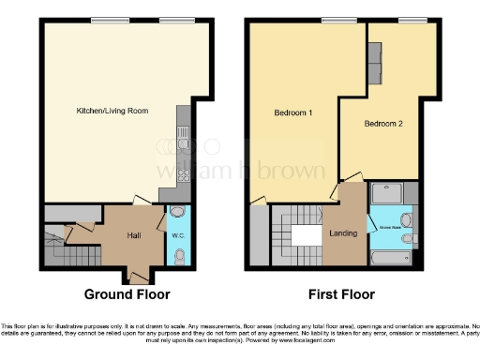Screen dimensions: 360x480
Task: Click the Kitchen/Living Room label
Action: tap(112, 112)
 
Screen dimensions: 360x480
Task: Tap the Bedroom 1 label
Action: tap(292, 112)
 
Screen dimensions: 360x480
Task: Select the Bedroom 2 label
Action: tap(382, 124)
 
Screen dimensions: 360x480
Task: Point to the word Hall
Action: tap(134, 235)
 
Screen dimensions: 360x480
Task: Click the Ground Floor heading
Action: tap(127, 293)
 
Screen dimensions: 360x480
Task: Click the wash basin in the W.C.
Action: tap(178, 213)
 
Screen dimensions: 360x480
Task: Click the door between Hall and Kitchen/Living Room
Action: tap(140, 200)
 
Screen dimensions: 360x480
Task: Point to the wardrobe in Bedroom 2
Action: tap(375, 63)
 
